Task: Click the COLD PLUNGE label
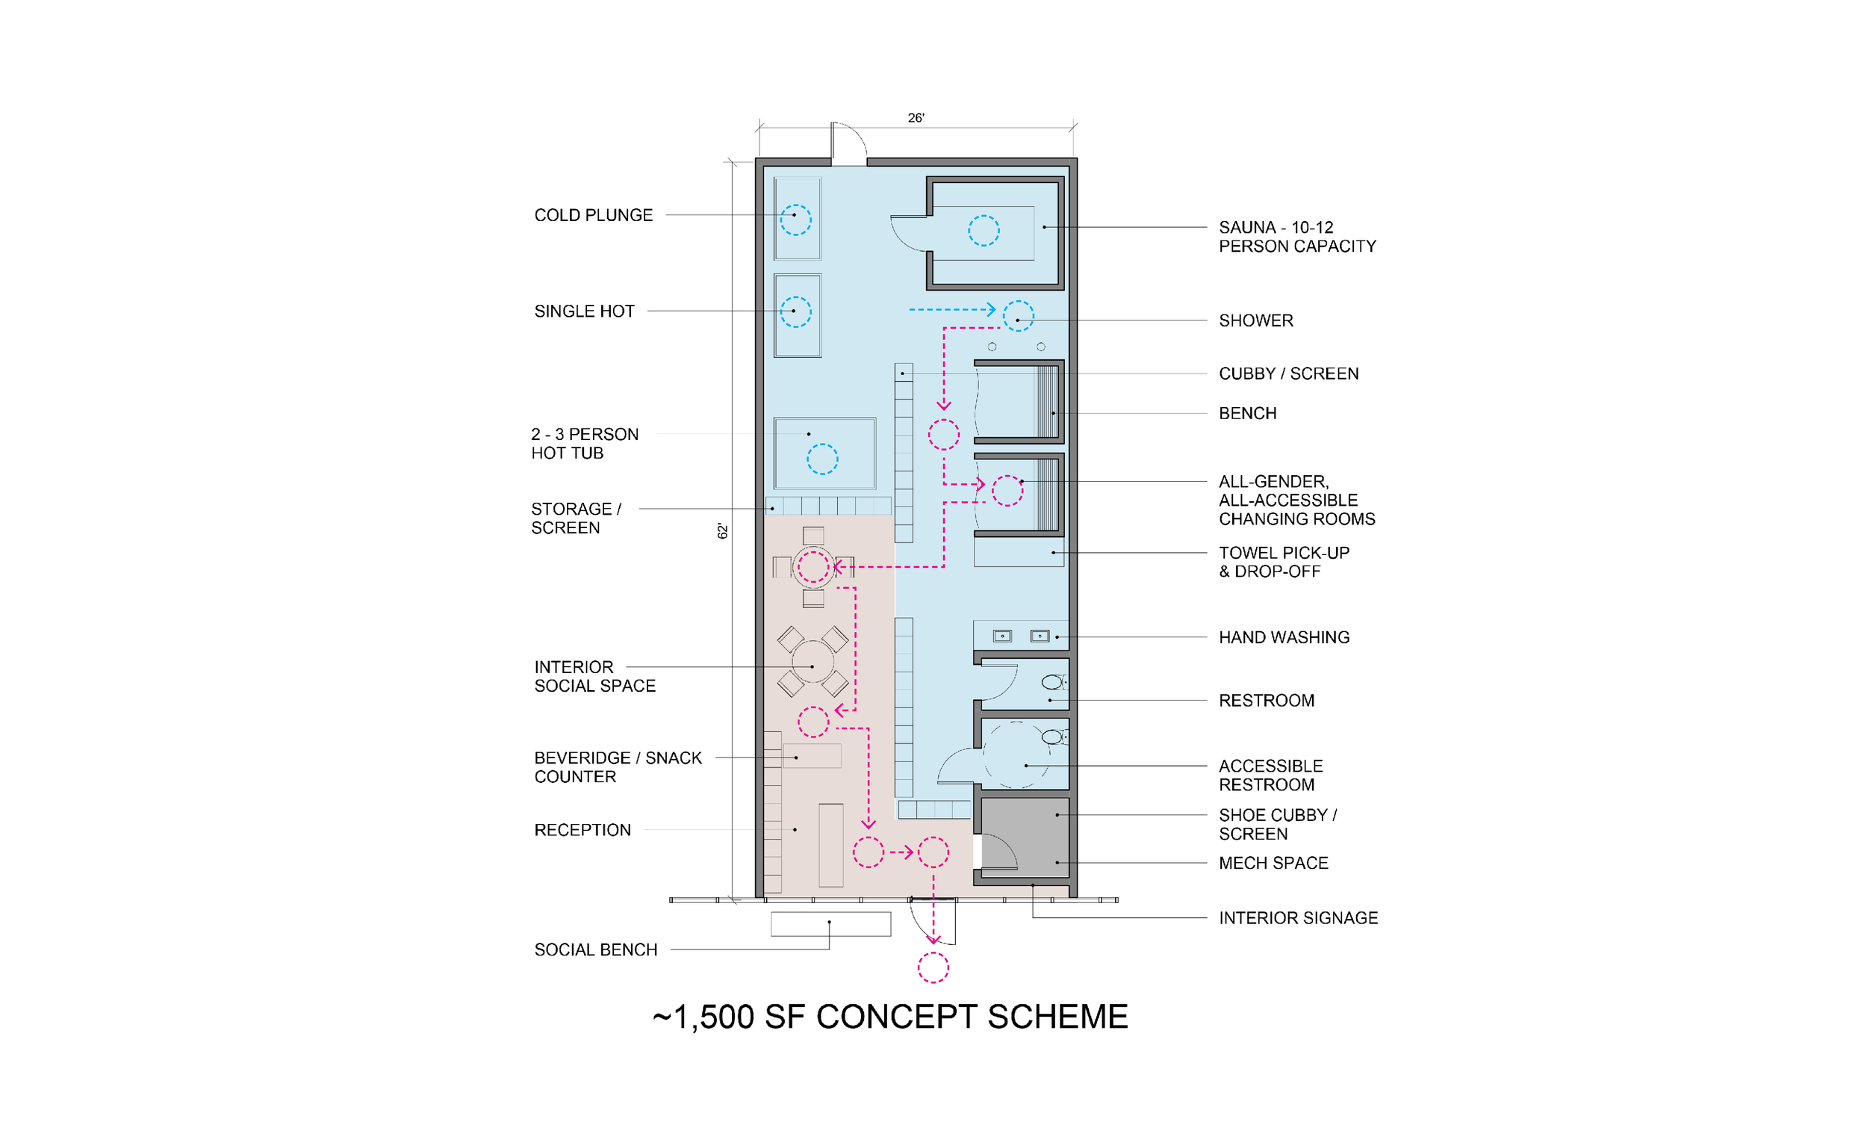tap(593, 215)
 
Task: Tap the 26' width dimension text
tap(916, 118)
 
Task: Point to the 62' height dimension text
tap(723, 531)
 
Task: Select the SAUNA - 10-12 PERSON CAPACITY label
tap(1297, 237)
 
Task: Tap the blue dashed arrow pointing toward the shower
tap(952, 309)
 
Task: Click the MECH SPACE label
tap(1273, 864)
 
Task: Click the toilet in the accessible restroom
tap(1053, 737)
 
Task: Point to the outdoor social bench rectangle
tap(830, 924)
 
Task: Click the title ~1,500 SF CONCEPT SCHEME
tap(890, 1017)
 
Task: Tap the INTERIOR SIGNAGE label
tap(1298, 918)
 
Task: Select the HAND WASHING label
tap(1284, 637)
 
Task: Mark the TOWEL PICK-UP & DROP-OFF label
tap(1284, 563)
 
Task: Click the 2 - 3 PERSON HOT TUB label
tap(585, 444)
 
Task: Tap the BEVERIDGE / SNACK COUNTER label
tap(618, 767)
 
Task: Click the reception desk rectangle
tap(831, 845)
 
